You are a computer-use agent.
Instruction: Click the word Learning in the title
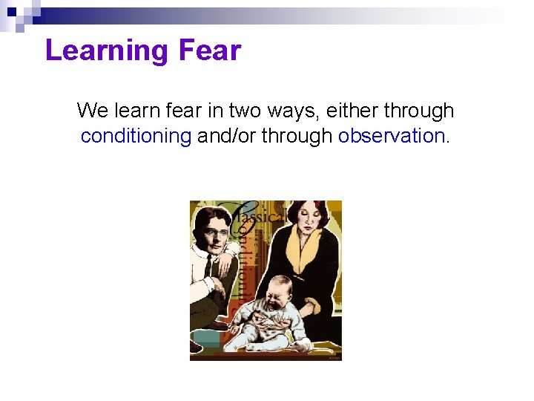107,51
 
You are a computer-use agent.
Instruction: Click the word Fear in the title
210,51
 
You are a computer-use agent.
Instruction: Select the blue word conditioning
136,136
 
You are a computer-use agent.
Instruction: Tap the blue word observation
391,136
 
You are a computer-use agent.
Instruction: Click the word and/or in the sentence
226,136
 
